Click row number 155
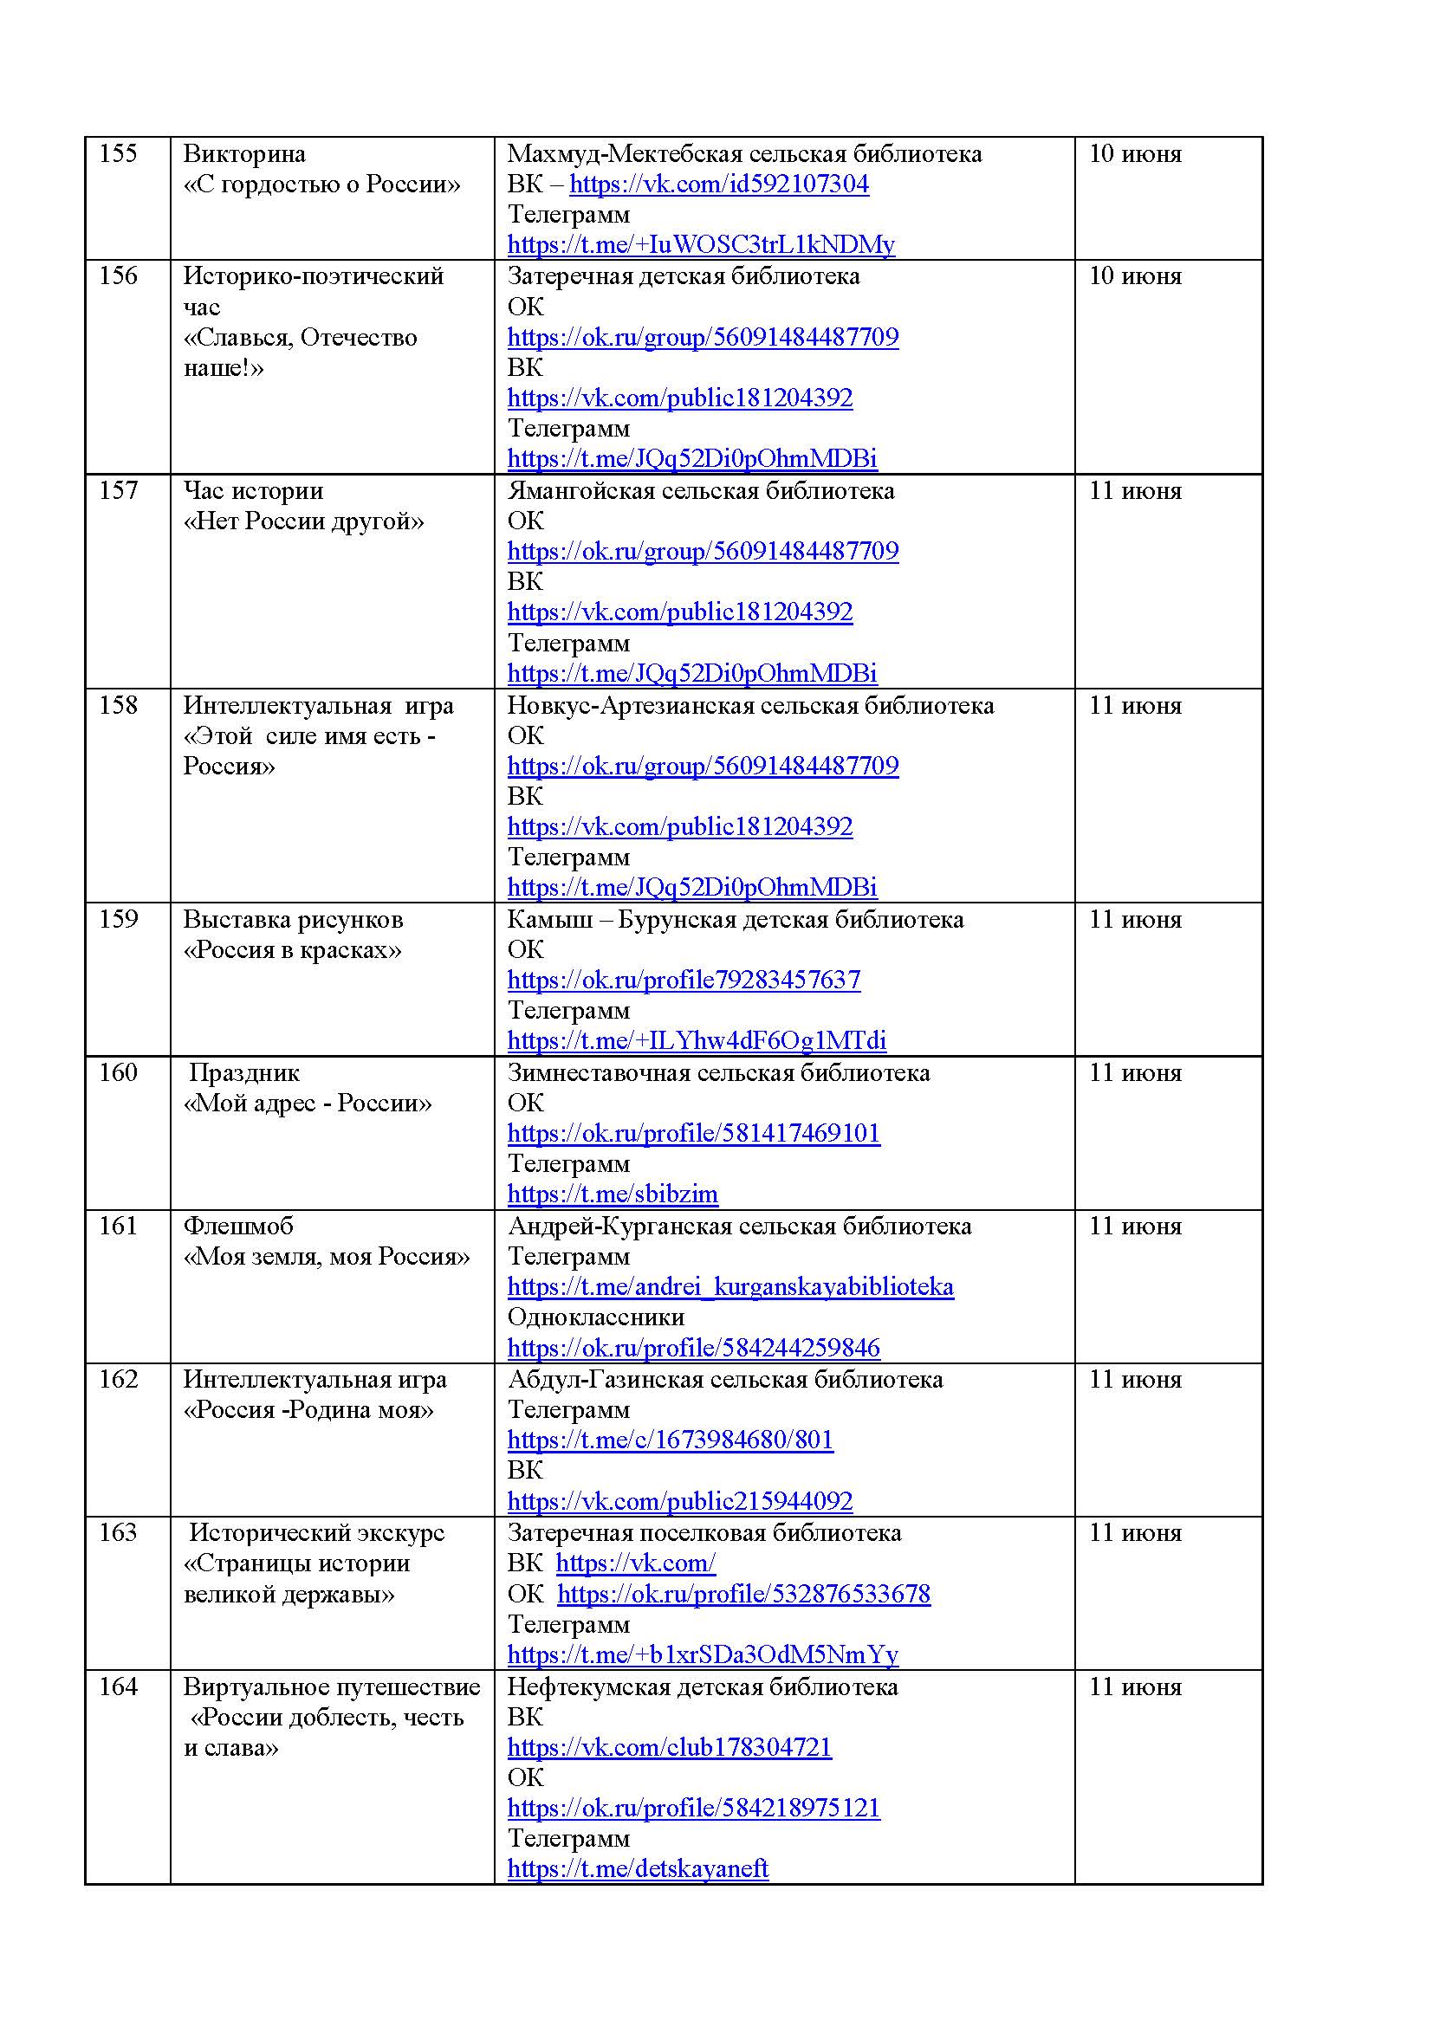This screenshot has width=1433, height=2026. click(118, 154)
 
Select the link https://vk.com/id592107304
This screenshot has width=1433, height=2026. click(719, 184)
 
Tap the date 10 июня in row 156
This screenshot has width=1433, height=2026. click(1135, 276)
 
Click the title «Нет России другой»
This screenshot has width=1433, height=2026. click(303, 521)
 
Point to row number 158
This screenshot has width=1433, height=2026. click(118, 705)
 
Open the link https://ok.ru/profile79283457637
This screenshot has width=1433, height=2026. click(684, 980)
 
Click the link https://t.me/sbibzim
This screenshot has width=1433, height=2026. click(613, 1194)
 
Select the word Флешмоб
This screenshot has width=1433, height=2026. click(238, 1226)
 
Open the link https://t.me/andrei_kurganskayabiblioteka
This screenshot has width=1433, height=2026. click(730, 1286)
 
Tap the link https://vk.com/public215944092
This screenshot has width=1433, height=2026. click(680, 1501)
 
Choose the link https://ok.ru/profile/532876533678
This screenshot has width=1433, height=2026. click(744, 1594)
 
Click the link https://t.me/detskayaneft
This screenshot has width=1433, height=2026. click(638, 1869)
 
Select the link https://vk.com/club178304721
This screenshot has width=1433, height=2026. click(670, 1747)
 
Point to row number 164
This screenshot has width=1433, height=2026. click(118, 1686)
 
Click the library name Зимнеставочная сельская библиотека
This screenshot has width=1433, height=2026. click(718, 1073)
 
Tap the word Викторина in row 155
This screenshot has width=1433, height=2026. click(244, 154)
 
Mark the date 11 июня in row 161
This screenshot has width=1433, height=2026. click(1135, 1226)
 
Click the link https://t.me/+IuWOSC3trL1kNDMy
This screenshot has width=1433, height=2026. click(701, 244)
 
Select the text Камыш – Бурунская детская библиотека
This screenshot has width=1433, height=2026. click(735, 920)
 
